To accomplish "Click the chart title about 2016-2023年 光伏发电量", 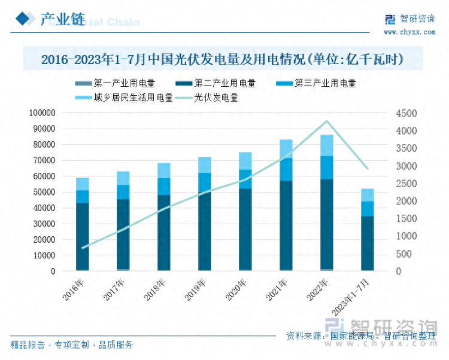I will pyautogui.click(x=222, y=60).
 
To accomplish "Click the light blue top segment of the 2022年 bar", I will pyautogui.click(x=327, y=145).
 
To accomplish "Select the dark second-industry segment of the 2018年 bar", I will pyautogui.click(x=164, y=232).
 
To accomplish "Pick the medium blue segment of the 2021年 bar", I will pyautogui.click(x=286, y=169).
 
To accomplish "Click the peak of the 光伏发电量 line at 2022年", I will pyautogui.click(x=327, y=121).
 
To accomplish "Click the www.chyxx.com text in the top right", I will pyautogui.click(x=409, y=32).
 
